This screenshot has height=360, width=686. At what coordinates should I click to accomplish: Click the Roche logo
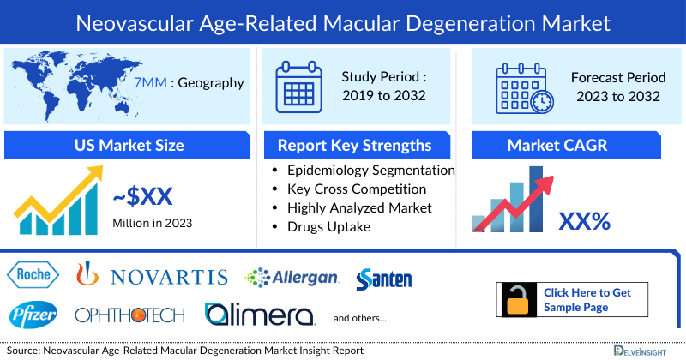pyautogui.click(x=34, y=275)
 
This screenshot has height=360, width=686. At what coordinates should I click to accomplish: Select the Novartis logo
pyautogui.click(x=153, y=276)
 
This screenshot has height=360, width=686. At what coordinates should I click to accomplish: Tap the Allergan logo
pyautogui.click(x=292, y=277)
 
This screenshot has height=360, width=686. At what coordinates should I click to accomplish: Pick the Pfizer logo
pyautogui.click(x=34, y=315)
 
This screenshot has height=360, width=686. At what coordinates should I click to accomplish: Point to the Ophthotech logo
pyautogui.click(x=129, y=315)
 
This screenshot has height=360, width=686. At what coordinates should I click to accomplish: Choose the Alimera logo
pyautogui.click(x=259, y=315)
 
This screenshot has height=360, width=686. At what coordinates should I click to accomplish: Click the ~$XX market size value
pyautogui.click(x=143, y=197)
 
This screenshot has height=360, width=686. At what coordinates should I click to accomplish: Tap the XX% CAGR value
pyautogui.click(x=584, y=222)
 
